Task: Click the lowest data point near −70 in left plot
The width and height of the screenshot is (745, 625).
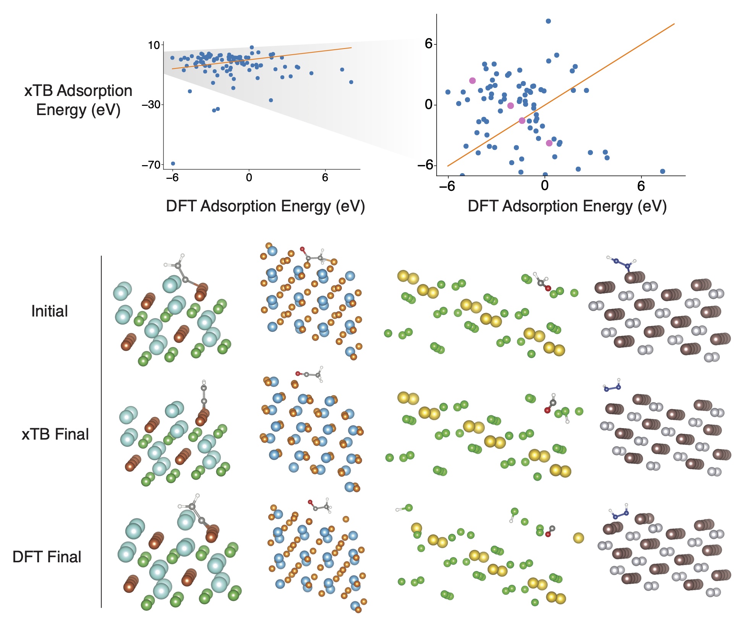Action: tap(173, 164)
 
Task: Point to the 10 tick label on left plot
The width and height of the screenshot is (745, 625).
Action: tap(154, 45)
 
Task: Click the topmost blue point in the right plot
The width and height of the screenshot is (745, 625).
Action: tap(548, 21)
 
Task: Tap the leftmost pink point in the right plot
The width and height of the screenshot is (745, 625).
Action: tap(472, 81)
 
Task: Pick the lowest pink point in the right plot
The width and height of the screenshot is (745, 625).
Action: tap(549, 143)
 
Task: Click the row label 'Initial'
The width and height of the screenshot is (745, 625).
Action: tap(50, 311)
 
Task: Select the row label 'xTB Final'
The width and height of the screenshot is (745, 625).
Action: tap(55, 434)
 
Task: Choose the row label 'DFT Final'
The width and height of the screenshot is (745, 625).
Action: tap(47, 557)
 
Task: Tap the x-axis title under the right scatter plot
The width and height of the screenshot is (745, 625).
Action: tap(567, 206)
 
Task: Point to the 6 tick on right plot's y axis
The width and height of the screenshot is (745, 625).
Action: tap(428, 44)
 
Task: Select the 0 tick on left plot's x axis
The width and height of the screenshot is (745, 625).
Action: tap(249, 177)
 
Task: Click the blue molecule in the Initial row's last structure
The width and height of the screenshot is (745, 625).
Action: tap(622, 263)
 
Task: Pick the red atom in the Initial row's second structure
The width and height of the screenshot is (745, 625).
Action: tap(302, 249)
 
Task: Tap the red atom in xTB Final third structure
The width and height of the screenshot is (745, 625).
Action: tap(547, 411)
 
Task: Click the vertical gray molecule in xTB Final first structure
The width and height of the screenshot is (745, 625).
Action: tap(204, 394)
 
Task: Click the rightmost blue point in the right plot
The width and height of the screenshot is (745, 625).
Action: tap(662, 171)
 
